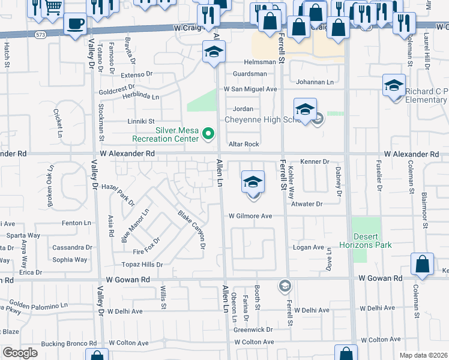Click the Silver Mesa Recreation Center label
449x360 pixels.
click(177, 134)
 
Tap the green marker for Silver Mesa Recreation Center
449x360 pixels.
click(208, 133)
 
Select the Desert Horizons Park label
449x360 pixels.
click(372, 241)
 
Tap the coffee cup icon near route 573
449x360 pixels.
click(75, 24)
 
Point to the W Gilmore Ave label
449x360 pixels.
click(250, 216)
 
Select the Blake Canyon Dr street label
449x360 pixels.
click(192, 230)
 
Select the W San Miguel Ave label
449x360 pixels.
click(250, 89)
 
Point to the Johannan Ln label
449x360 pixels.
click(315, 82)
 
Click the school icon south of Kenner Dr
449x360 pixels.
click(253, 182)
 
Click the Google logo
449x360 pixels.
click(20, 353)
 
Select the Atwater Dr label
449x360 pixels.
click(307, 204)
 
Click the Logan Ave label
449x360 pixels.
click(309, 247)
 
